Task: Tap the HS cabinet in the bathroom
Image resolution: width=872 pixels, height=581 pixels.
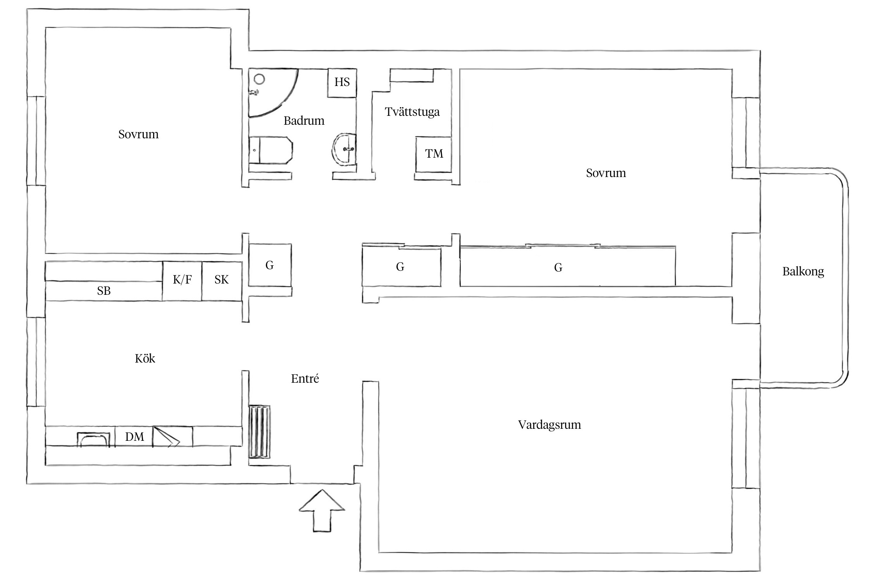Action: coord(342,83)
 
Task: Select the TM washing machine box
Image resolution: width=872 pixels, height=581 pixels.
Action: coord(434,154)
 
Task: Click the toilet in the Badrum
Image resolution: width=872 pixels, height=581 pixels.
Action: coord(271,150)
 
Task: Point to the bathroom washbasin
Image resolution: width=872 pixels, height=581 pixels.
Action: coord(344,149)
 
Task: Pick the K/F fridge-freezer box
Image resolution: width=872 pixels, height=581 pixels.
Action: coord(182,281)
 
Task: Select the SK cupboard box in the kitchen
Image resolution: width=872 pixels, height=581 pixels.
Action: coord(222,281)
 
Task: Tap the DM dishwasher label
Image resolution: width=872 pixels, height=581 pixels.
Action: coord(134,437)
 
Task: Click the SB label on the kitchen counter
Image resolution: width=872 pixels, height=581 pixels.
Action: coord(104,290)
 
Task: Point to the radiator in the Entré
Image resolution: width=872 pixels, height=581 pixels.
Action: coord(259,431)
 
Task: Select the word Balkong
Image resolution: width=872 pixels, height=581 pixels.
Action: coord(803,272)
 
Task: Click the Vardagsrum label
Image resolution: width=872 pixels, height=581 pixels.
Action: coord(550,425)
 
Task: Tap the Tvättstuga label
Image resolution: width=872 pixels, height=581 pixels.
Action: coord(412,112)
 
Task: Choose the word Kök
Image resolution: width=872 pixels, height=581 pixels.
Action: coord(145,358)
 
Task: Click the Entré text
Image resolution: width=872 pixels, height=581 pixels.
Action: coord(305,378)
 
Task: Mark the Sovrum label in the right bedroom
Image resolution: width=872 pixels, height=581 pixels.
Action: coord(606,173)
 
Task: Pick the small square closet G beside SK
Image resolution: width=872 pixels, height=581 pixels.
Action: coord(270,265)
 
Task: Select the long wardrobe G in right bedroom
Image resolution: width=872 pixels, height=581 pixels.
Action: coord(568,266)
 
